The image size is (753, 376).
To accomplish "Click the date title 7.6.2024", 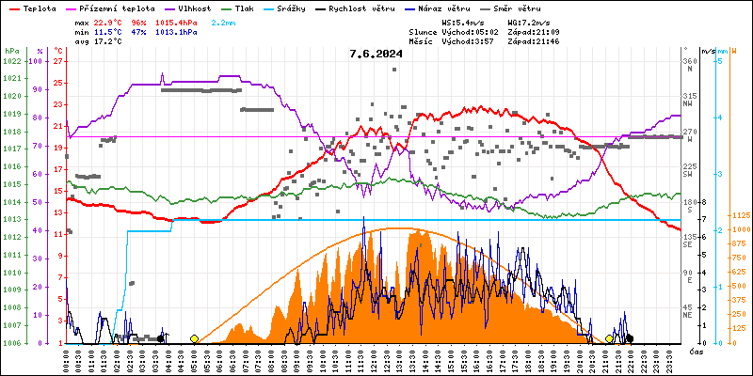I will [x=376, y=54].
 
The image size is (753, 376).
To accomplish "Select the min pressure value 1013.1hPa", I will [x=176, y=31].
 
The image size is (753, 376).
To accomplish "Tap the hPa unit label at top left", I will [x=10, y=50].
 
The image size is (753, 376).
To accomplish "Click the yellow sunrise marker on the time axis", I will [x=194, y=338].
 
